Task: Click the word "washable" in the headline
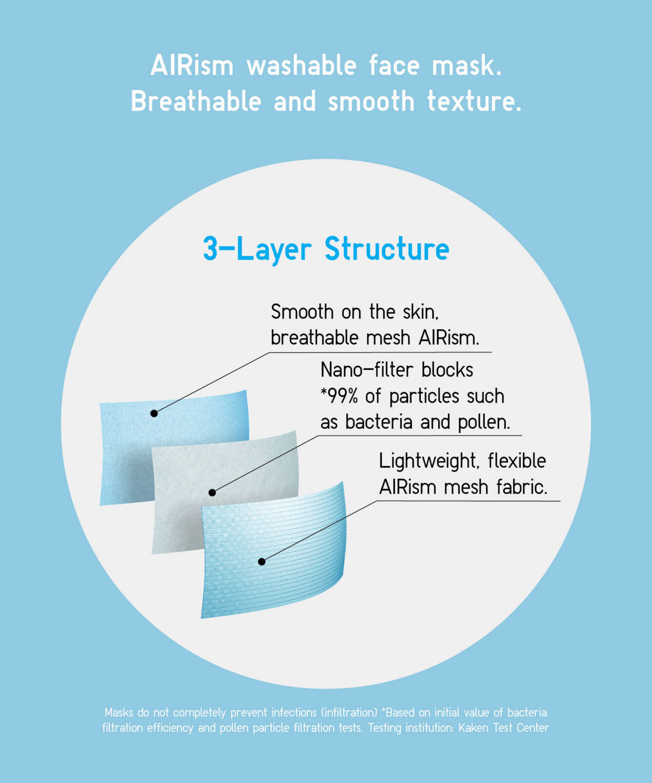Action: [x=301, y=66]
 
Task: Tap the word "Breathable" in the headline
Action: [x=196, y=102]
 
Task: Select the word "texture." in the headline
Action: [x=474, y=102]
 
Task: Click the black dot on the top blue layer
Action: [x=154, y=414]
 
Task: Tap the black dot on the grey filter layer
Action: [x=213, y=493]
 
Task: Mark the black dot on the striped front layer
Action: [x=262, y=562]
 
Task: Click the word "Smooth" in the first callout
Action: [x=302, y=312]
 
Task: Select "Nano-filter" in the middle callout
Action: [x=367, y=370]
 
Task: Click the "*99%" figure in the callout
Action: [x=339, y=396]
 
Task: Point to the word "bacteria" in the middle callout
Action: [x=379, y=422]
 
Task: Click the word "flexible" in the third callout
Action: [x=517, y=460]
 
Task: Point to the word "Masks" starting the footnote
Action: [x=119, y=712]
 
